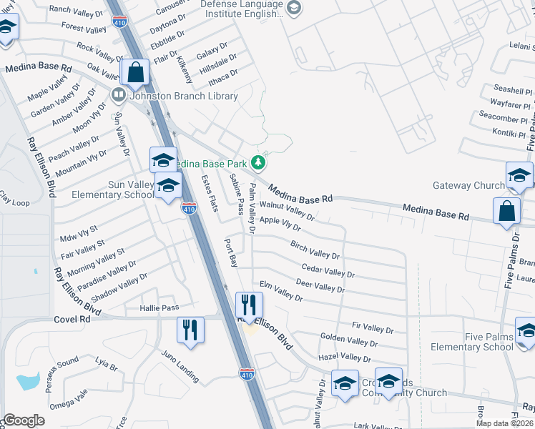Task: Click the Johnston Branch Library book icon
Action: [x=119, y=94]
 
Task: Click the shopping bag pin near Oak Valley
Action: [x=134, y=72]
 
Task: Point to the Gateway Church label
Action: [x=468, y=185]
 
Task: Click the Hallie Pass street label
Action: [x=159, y=307]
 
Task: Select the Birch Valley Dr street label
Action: [x=315, y=250]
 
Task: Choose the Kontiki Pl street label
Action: [x=509, y=133]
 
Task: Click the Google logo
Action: [x=24, y=420]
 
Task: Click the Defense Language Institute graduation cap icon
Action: [x=293, y=7]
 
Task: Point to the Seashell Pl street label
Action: [x=513, y=90]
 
